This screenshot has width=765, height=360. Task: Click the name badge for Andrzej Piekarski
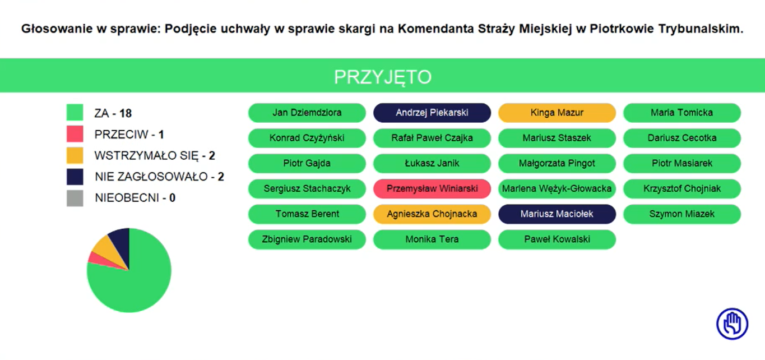pyautogui.click(x=432, y=113)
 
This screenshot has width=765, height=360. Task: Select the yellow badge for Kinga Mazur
pyautogui.click(x=557, y=113)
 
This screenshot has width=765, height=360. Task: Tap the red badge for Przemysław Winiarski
pyautogui.click(x=432, y=188)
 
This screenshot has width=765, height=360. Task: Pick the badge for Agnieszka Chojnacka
pyautogui.click(x=432, y=214)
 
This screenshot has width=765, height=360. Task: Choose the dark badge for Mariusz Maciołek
pyautogui.click(x=557, y=214)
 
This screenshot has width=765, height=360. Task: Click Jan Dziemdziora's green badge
pyautogui.click(x=307, y=113)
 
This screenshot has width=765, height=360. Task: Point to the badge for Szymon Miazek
pyautogui.click(x=682, y=214)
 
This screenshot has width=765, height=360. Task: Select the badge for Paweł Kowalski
pyautogui.click(x=557, y=239)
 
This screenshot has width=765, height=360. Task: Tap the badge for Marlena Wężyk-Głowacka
pyautogui.click(x=557, y=188)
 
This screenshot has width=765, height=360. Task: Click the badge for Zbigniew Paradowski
pyautogui.click(x=307, y=239)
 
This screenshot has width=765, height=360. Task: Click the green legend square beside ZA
pyautogui.click(x=75, y=113)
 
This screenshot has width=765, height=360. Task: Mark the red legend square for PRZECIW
pyautogui.click(x=75, y=134)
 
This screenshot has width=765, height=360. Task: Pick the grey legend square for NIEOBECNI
pyautogui.click(x=75, y=198)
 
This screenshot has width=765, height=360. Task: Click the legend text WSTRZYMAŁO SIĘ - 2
pyautogui.click(x=155, y=156)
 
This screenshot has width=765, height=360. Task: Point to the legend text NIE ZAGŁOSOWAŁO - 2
pyautogui.click(x=160, y=177)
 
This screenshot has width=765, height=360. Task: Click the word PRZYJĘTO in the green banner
pyautogui.click(x=383, y=77)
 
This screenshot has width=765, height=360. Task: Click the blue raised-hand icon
pyautogui.click(x=732, y=324)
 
